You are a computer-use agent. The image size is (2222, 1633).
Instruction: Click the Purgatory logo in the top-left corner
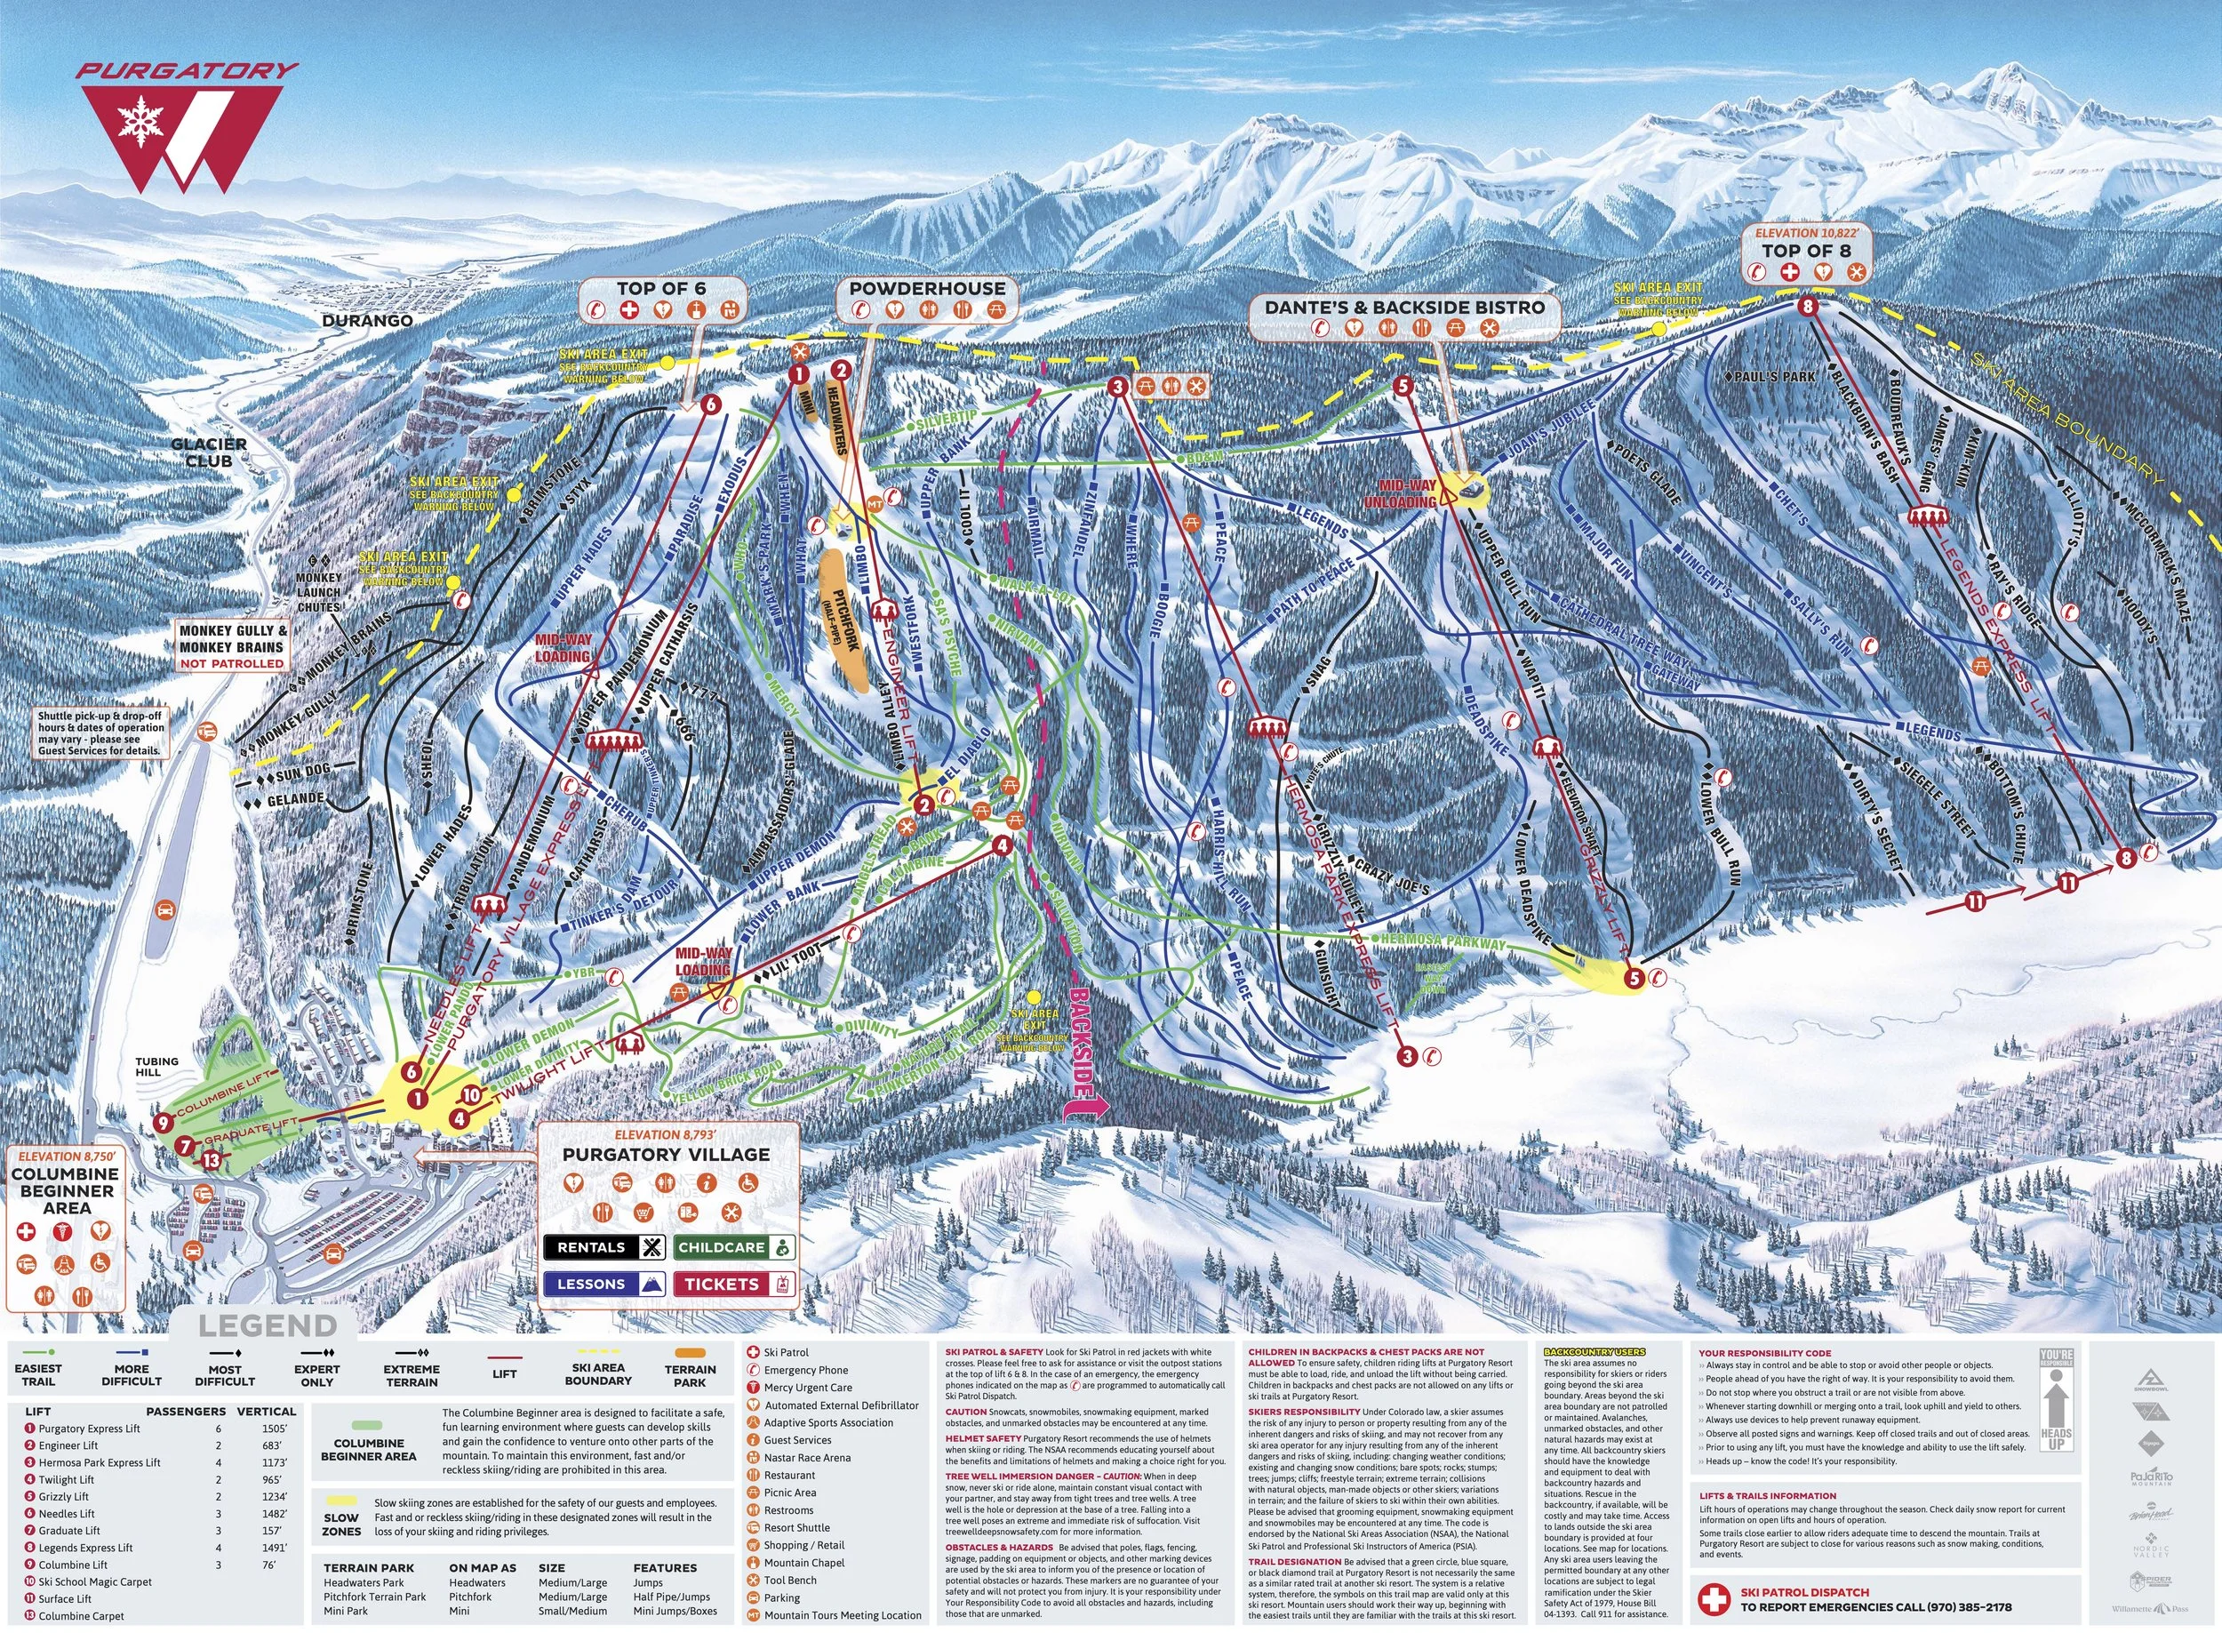(x=188, y=129)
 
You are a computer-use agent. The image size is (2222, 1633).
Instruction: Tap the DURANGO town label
(x=367, y=321)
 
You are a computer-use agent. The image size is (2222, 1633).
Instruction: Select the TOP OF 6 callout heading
(x=661, y=289)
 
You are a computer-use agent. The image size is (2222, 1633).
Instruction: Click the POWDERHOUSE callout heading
(x=927, y=289)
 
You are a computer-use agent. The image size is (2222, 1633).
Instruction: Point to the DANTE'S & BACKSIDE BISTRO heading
(x=1404, y=308)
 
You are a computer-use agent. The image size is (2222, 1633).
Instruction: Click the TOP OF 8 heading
(x=1806, y=251)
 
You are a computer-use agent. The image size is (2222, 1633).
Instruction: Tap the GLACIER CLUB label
(x=209, y=452)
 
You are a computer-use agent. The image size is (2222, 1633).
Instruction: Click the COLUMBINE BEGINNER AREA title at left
(x=67, y=1191)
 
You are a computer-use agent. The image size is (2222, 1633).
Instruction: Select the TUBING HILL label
(x=157, y=1067)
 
